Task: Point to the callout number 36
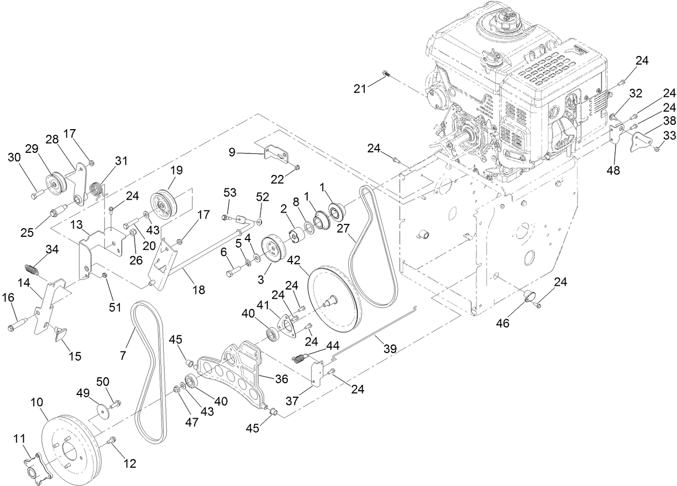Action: click(x=282, y=378)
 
